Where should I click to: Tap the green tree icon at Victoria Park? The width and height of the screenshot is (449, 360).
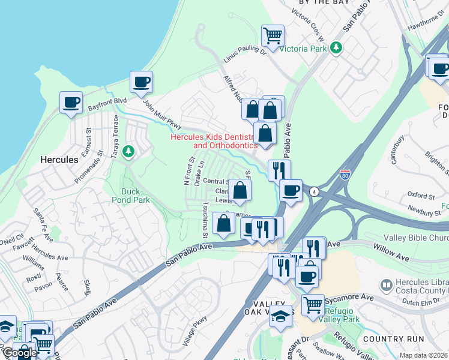[337, 47]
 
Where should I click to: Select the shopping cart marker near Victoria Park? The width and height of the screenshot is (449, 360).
[273, 36]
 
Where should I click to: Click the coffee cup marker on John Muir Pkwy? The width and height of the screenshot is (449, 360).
[141, 82]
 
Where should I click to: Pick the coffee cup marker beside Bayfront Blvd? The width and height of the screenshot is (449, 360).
[71, 103]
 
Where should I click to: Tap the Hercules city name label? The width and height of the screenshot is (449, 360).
[59, 160]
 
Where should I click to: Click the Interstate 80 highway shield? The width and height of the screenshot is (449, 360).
[345, 175]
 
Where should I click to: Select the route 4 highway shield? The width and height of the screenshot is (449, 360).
[313, 191]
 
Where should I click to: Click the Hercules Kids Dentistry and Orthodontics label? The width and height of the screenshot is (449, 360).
[214, 141]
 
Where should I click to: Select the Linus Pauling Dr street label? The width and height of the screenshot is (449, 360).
[244, 56]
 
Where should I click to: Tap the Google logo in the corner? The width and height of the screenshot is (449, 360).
[19, 353]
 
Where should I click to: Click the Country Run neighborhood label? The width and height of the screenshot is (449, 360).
[386, 339]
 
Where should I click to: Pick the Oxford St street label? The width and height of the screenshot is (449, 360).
[420, 196]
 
